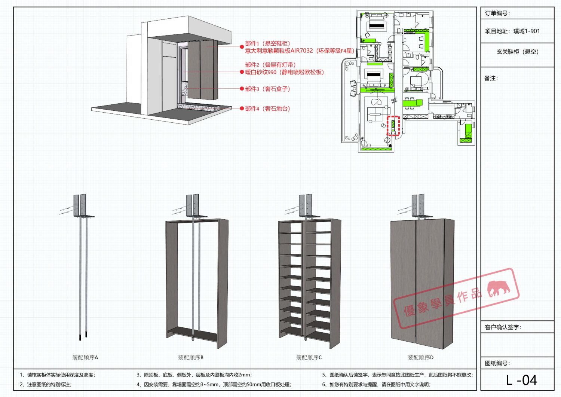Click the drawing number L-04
click(521, 380)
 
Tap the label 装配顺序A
click(85, 357)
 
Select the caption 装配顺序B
click(191, 357)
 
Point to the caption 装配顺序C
click(309, 357)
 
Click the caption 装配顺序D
click(421, 357)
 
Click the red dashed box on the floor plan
click(393, 126)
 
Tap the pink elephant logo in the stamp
click(499, 288)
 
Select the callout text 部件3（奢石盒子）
click(267, 89)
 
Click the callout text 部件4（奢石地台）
click(267, 109)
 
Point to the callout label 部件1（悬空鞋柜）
click(267, 43)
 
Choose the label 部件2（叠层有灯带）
click(270, 65)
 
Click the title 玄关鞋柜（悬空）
click(518, 52)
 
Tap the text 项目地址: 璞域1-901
click(512, 31)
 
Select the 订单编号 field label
click(497, 13)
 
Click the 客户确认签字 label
click(503, 327)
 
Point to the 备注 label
click(491, 78)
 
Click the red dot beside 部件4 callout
click(242, 109)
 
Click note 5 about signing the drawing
click(398, 375)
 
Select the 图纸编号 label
click(497, 363)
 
